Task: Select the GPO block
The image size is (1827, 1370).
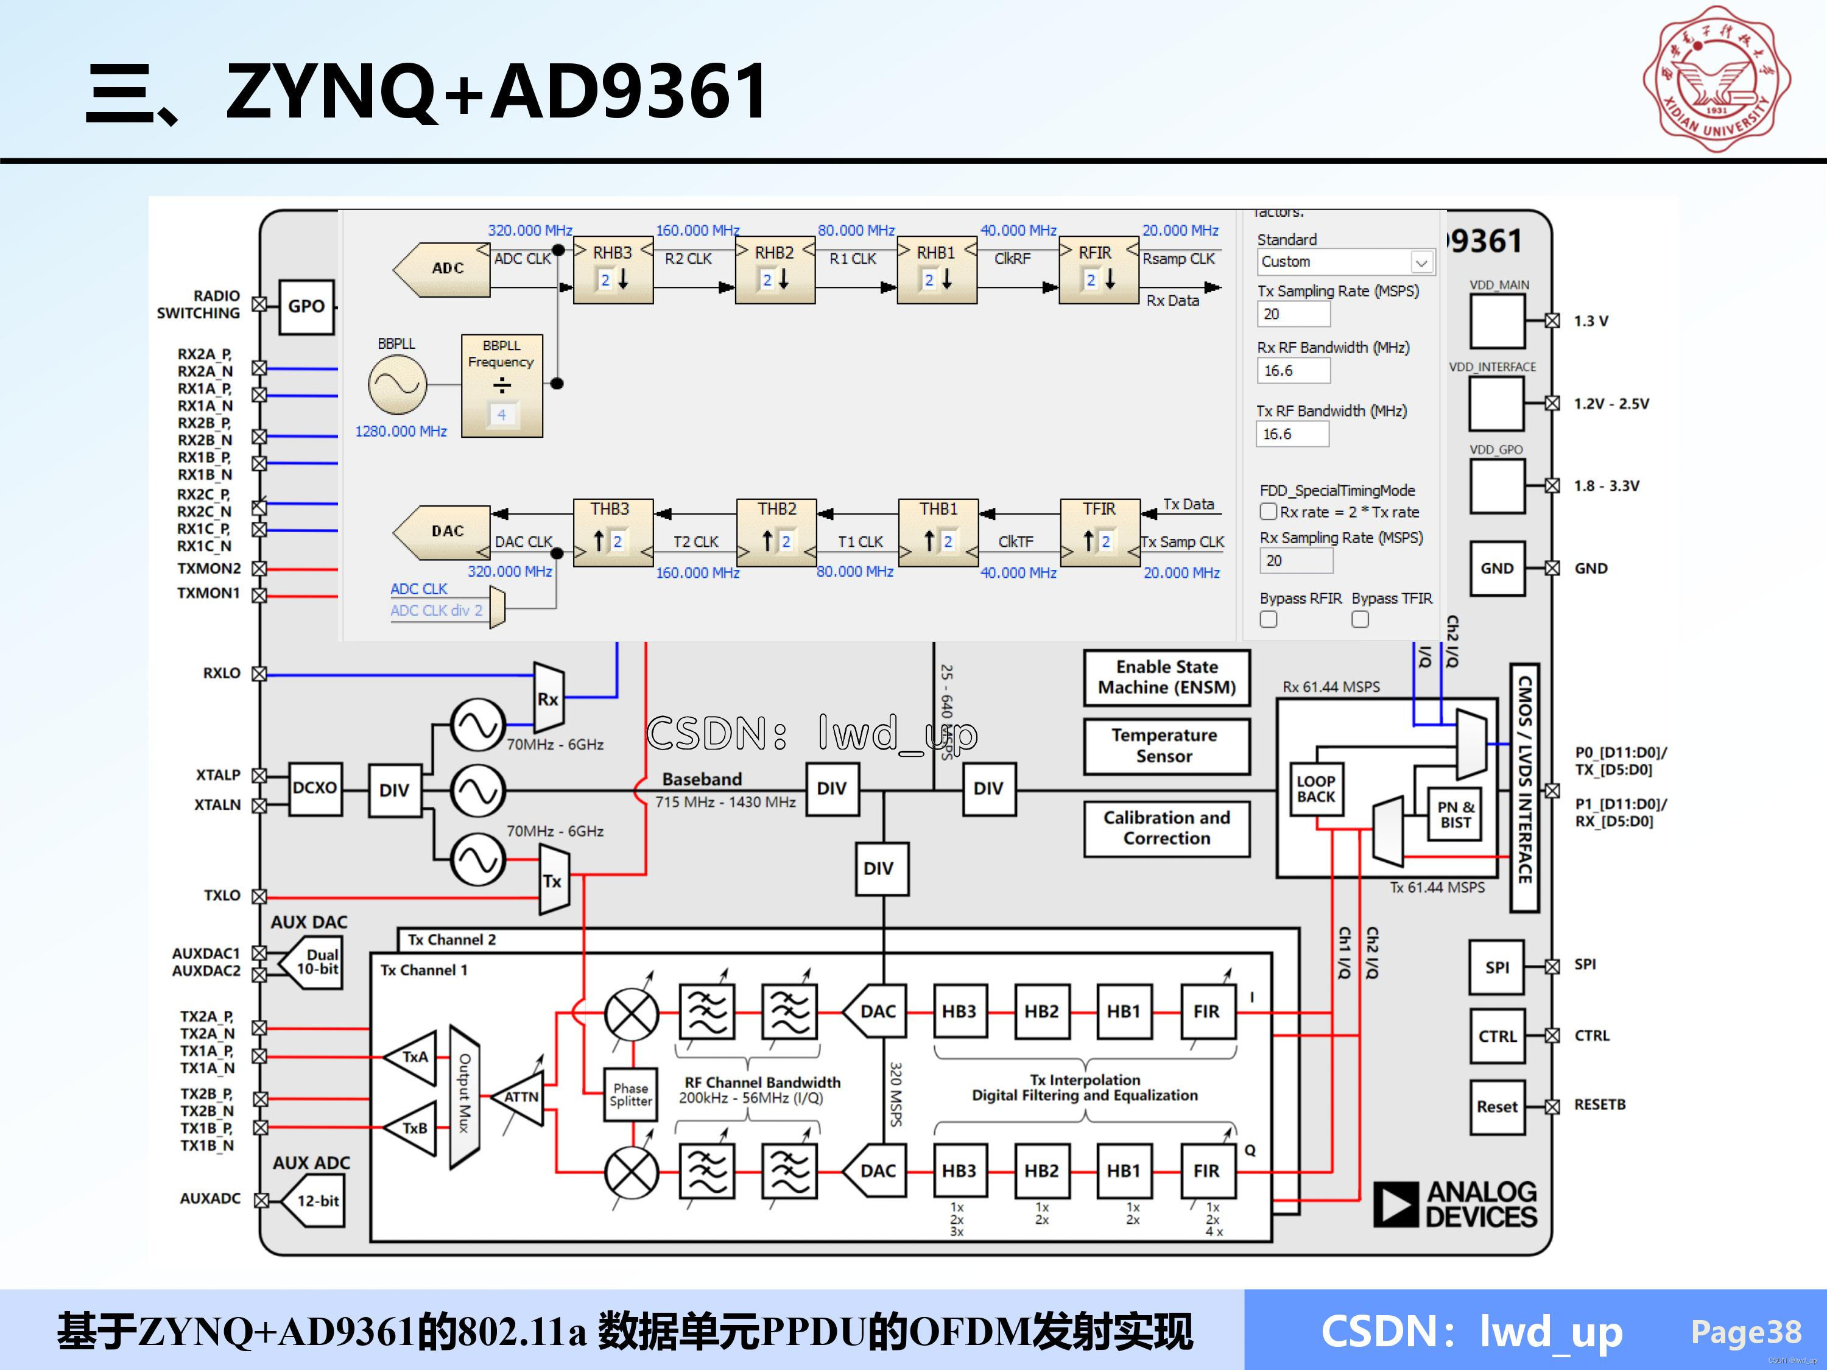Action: pyautogui.click(x=306, y=306)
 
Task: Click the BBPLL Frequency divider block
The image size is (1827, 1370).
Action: pyautogui.click(x=501, y=385)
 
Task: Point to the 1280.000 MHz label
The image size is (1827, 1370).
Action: pyautogui.click(x=401, y=431)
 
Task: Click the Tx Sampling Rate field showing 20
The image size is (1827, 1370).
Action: pyautogui.click(x=1294, y=314)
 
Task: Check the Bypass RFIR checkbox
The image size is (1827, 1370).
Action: pyautogui.click(x=1269, y=619)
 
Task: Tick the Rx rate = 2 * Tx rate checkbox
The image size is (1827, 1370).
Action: pyautogui.click(x=1269, y=512)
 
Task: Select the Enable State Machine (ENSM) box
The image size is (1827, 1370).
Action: pyautogui.click(x=1166, y=677)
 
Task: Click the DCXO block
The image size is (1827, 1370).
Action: pyautogui.click(x=315, y=789)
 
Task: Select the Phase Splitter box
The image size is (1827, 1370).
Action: pyautogui.click(x=631, y=1095)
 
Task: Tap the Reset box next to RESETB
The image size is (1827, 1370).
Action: pyautogui.click(x=1497, y=1106)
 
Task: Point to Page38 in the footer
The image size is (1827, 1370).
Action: pyautogui.click(x=1745, y=1332)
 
